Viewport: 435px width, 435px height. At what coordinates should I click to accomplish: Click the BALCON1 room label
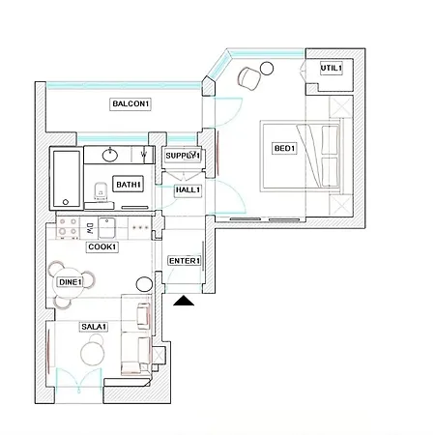coord(130,104)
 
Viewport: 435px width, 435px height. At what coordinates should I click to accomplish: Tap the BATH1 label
coord(129,185)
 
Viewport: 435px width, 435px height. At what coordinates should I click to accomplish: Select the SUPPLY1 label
coord(182,156)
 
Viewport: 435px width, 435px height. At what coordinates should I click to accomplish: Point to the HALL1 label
coord(187,190)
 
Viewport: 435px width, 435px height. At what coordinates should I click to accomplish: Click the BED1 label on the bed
coord(284,148)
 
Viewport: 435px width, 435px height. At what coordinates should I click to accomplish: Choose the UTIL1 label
coord(333,68)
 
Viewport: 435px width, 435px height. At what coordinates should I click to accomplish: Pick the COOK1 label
coord(101,247)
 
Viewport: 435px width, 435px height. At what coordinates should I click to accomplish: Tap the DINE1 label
coord(70,281)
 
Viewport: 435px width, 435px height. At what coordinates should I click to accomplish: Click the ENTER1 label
coord(184,261)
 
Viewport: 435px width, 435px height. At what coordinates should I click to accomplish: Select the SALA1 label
coord(94,328)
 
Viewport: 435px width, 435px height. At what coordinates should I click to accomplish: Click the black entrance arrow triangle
coord(184,304)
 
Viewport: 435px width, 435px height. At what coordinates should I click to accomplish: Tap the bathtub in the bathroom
coord(67,180)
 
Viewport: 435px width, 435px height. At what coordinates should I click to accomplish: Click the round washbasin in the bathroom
coord(110,153)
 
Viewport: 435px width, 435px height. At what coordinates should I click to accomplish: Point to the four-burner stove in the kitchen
coord(68,228)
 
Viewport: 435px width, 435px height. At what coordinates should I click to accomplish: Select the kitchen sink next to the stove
coord(107,227)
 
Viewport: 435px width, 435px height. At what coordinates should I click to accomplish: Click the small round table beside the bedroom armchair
coord(241,80)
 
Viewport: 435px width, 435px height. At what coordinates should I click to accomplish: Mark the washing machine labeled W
coord(143,154)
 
